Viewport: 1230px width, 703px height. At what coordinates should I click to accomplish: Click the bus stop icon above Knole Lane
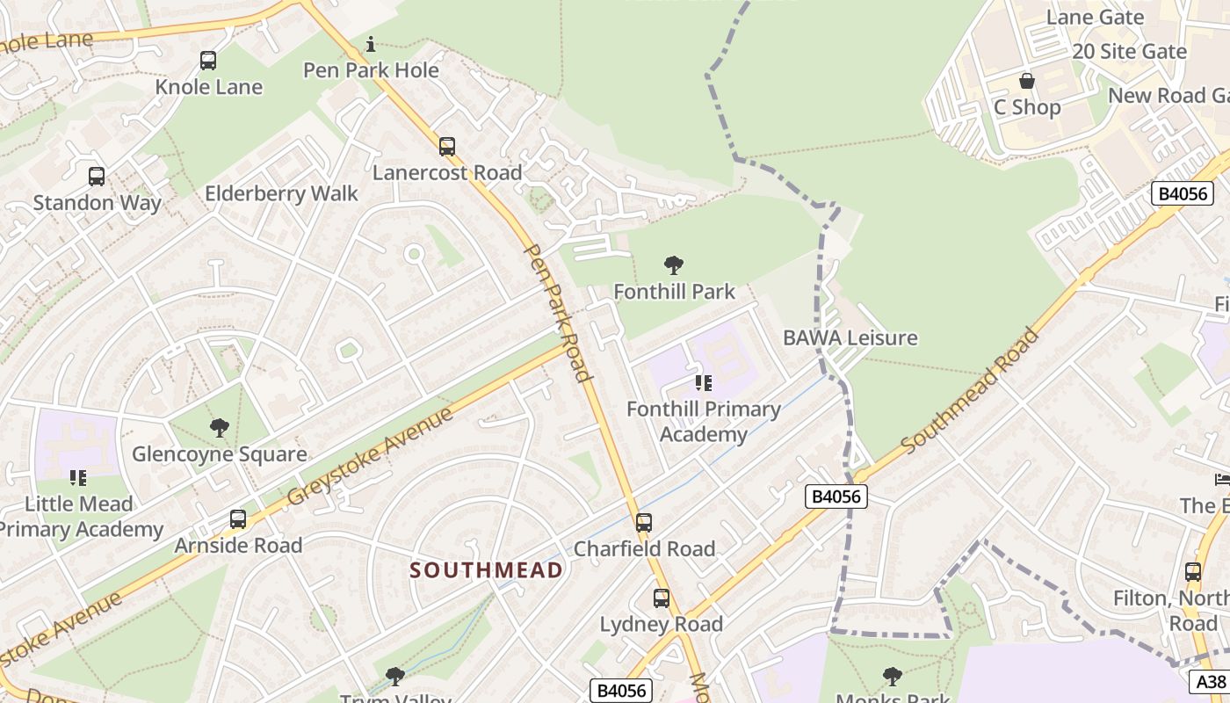click(x=208, y=61)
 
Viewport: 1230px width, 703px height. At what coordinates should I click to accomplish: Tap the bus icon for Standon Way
click(x=97, y=177)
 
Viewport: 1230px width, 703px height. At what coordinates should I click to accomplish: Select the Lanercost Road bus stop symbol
click(x=447, y=147)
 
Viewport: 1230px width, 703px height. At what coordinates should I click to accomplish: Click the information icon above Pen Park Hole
click(x=371, y=44)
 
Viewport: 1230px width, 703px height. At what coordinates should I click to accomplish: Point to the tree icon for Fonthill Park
click(x=674, y=265)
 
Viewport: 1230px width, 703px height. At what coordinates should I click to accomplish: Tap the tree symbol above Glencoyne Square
click(x=220, y=428)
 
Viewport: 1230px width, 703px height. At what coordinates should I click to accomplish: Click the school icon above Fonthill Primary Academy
click(x=703, y=383)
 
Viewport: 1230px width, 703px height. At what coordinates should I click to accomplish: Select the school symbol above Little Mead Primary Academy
click(x=78, y=478)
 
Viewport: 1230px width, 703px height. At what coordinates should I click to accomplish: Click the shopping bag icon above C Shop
click(x=1026, y=82)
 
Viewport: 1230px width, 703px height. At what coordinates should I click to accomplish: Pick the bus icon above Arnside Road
click(x=238, y=519)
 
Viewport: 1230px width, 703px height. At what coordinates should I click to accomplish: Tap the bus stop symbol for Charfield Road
click(x=644, y=523)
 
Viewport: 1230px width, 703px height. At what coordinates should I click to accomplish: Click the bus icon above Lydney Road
click(x=662, y=598)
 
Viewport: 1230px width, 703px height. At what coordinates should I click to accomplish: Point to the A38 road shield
click(x=1211, y=681)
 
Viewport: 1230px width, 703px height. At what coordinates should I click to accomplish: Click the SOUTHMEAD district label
click(x=487, y=570)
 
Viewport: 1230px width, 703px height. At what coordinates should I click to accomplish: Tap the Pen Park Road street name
click(x=557, y=312)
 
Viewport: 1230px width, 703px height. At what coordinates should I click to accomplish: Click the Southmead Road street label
click(x=970, y=390)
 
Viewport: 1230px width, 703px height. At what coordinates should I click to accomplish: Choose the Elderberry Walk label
click(x=281, y=194)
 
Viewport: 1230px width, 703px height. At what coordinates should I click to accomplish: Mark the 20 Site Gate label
click(x=1129, y=52)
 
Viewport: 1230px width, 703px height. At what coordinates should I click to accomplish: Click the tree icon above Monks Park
click(x=892, y=676)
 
